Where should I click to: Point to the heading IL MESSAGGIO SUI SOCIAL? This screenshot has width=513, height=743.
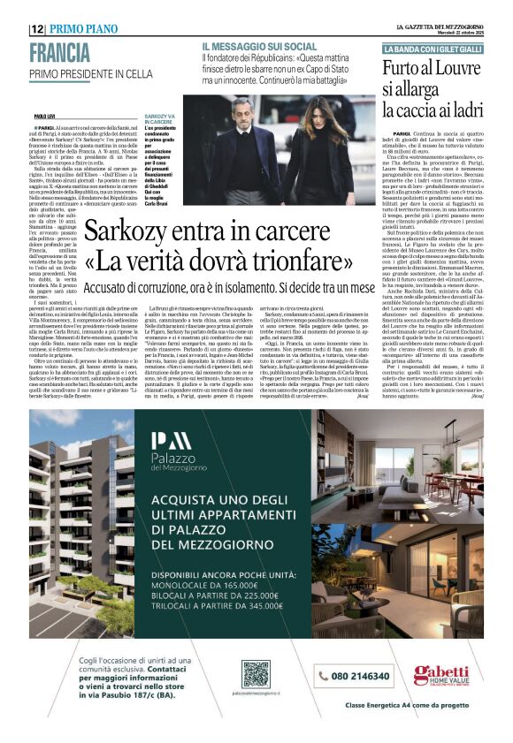click(258, 46)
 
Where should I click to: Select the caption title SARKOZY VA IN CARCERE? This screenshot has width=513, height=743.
click(160, 118)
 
